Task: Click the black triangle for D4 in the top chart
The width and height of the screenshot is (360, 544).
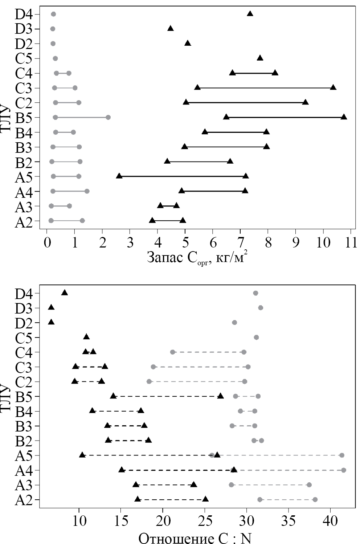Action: (250, 14)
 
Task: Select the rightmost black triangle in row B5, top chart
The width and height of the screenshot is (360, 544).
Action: (344, 117)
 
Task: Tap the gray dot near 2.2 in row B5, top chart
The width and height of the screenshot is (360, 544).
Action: (108, 117)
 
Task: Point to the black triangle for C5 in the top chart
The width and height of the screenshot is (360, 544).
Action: (260, 58)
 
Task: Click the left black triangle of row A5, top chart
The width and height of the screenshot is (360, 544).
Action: (119, 176)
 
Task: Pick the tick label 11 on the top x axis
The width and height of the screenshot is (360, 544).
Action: (351, 243)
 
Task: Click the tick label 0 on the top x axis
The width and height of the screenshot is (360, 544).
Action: (47, 243)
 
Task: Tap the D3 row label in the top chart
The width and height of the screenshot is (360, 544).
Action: (23, 29)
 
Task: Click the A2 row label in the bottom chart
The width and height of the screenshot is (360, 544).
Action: (23, 500)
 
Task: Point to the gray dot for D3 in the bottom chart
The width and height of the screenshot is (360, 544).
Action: (261, 308)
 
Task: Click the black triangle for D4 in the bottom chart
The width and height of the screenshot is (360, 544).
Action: (65, 293)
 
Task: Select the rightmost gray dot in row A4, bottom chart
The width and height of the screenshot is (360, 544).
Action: (343, 470)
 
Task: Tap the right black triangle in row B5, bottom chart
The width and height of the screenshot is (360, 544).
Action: (220, 396)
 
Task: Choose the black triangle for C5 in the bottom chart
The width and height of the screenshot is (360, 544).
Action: (86, 337)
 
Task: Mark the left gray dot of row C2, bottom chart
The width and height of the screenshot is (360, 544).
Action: (149, 381)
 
